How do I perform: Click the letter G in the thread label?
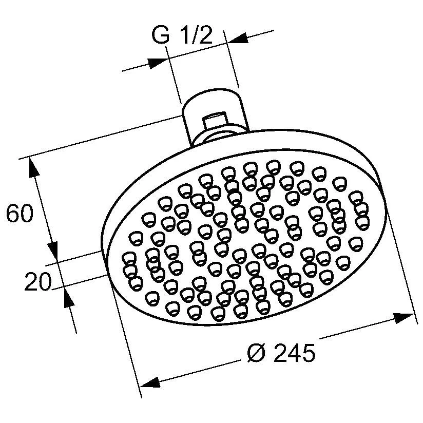coord(161,37)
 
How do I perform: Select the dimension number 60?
coord(20,215)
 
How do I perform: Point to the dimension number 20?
coord(38,282)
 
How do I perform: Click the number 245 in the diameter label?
coord(294,353)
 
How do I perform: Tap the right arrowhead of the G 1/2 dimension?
coord(237,39)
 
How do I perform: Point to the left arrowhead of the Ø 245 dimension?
coord(149,383)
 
